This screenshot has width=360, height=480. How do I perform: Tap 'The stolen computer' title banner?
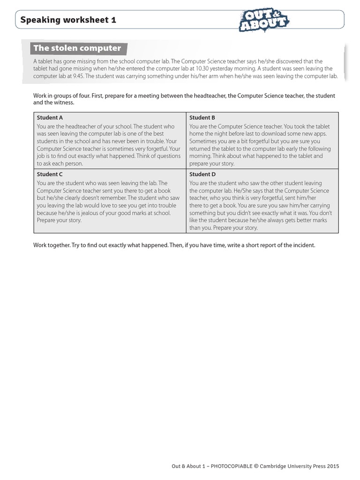tap(76, 48)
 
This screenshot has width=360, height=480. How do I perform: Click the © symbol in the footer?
tap(256, 466)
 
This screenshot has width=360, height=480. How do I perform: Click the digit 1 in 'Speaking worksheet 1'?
tap(113, 20)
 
